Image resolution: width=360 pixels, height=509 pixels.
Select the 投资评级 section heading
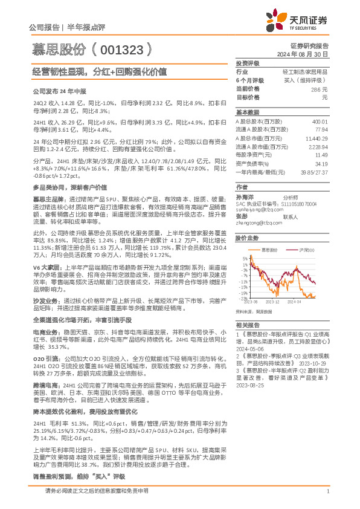pos(248,63)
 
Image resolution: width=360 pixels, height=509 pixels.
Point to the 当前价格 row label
pos(247,88)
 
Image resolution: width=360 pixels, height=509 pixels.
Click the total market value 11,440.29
pos(317,138)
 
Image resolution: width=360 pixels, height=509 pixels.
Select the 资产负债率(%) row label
pos(252,163)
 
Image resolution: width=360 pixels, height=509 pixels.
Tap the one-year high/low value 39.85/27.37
pos(314,172)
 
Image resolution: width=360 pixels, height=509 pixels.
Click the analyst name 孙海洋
pos(244,197)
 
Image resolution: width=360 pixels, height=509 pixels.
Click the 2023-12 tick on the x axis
pos(272,300)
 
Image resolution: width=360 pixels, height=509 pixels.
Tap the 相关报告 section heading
pos(246,325)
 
